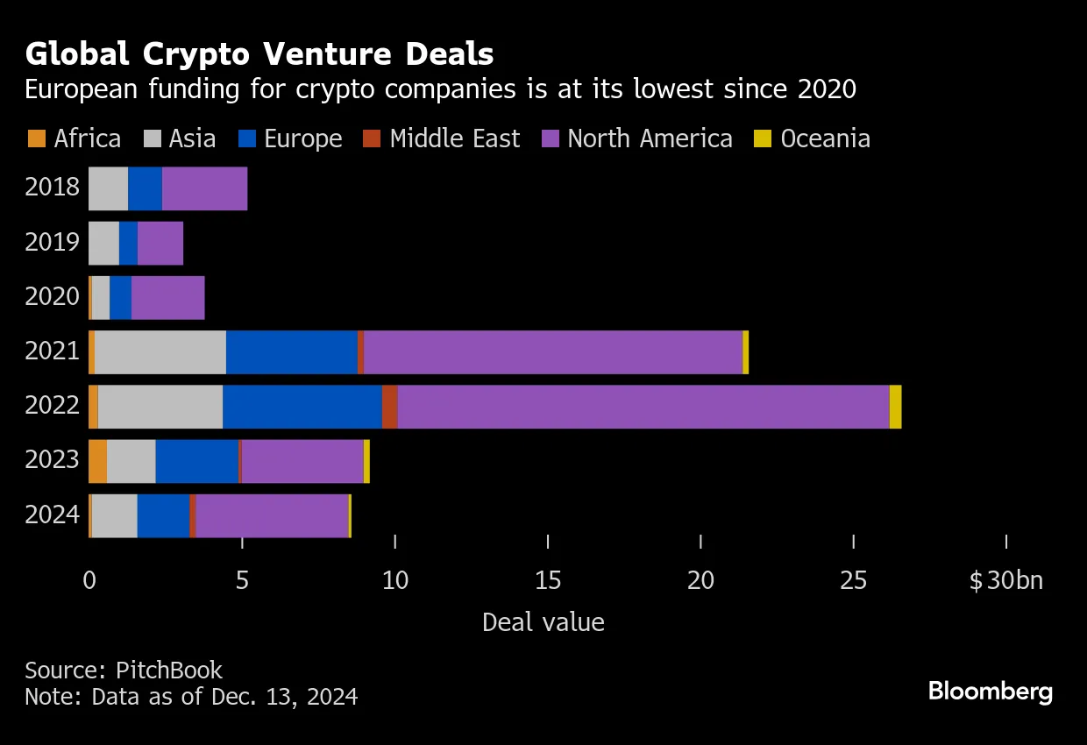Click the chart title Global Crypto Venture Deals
259,54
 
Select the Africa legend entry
75,138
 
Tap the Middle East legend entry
443,138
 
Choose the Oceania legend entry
812,138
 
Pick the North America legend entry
637,138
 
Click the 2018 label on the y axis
53,188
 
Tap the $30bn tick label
1006,580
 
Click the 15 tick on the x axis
548,580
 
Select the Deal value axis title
543,622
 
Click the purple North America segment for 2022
643,407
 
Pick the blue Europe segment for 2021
292,352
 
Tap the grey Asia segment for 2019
103,243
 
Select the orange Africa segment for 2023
97,461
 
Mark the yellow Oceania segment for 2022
895,407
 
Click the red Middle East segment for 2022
389,407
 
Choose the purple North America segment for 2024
272,515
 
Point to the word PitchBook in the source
168,670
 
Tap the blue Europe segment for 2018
145,188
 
